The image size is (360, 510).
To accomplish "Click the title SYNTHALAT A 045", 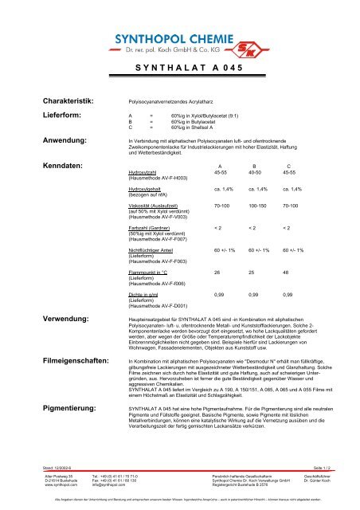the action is click(x=179, y=68).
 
